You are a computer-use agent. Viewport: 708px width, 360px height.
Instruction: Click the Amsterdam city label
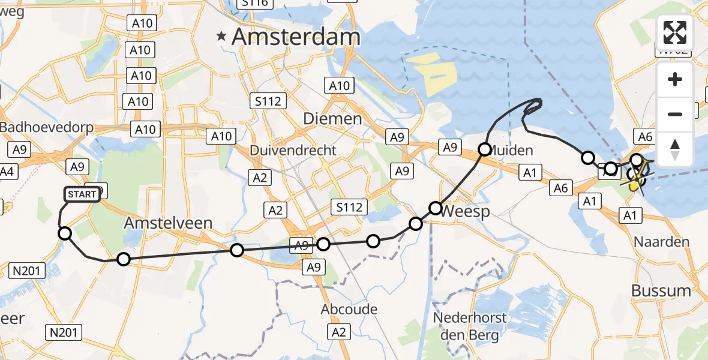(296, 37)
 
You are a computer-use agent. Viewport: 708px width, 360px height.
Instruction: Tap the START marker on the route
(82, 194)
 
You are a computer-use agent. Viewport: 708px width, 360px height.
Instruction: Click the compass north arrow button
(675, 149)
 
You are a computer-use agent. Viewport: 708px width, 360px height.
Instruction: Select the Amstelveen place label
(168, 223)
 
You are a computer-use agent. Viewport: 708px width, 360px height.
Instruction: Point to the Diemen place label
(332, 118)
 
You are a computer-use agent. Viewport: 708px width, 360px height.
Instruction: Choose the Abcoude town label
(349, 310)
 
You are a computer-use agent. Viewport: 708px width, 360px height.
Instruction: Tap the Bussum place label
(661, 291)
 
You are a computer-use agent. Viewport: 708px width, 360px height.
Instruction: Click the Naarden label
(664, 242)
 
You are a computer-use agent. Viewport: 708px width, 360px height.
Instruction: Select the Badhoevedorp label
(40, 128)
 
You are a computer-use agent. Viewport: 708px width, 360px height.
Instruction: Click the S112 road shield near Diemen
(268, 101)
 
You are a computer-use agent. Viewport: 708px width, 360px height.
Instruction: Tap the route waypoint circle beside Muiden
(484, 149)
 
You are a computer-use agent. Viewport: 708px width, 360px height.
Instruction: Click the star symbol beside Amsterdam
(222, 37)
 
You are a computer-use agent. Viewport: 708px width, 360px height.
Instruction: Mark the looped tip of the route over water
(534, 106)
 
